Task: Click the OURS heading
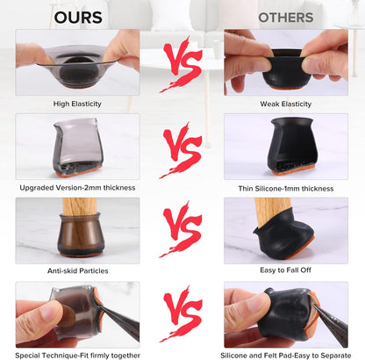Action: (78, 18)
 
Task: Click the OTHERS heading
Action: (286, 18)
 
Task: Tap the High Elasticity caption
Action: (77, 104)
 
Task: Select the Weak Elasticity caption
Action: (286, 104)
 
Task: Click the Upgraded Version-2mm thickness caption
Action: (77, 188)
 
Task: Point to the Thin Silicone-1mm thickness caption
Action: (286, 189)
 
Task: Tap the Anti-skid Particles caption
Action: (78, 270)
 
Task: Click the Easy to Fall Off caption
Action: (285, 270)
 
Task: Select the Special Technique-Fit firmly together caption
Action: (77, 356)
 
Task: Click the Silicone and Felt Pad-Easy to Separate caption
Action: (286, 356)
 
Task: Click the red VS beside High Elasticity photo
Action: (182, 64)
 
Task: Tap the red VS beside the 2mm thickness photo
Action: (182, 150)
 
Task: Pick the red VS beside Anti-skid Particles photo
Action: (182, 229)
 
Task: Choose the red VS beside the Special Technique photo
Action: (182, 313)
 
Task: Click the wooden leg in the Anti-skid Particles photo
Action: (79, 206)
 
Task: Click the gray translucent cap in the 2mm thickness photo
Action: (78, 147)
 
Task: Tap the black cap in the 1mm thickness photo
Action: (291, 144)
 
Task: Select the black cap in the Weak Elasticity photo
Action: (287, 69)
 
